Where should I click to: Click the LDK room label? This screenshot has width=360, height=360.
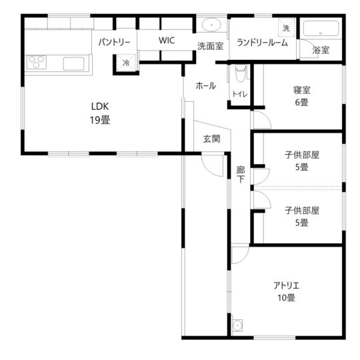pyautogui.click(x=100, y=106)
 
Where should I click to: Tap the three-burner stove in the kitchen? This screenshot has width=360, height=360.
pyautogui.click(x=37, y=62)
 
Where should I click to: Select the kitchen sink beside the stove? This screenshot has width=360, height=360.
pyautogui.click(x=74, y=63)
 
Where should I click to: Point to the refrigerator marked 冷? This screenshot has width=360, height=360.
pyautogui.click(x=126, y=63)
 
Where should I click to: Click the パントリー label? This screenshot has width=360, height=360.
pyautogui.click(x=115, y=42)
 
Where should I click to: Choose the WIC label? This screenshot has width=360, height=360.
pyautogui.click(x=167, y=41)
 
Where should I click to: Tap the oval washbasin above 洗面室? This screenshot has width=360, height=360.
pyautogui.click(x=211, y=25)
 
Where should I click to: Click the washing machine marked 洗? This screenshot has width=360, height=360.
pyautogui.click(x=286, y=27)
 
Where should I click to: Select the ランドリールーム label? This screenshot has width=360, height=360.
pyautogui.click(x=262, y=43)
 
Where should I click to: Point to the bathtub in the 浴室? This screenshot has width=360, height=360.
pyautogui.click(x=321, y=29)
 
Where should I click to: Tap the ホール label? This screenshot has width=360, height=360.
pyautogui.click(x=206, y=86)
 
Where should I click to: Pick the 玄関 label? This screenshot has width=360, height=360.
pyautogui.click(x=212, y=139)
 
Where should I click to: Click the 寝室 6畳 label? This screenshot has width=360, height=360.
pyautogui.click(x=302, y=96)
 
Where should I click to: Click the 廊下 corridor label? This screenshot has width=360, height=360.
pyautogui.click(x=241, y=174)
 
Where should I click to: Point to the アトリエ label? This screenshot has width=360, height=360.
pyautogui.click(x=286, y=286)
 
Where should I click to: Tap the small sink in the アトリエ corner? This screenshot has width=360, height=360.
pyautogui.click(x=237, y=325)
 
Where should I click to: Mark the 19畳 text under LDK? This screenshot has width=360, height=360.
pyautogui.click(x=100, y=120)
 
